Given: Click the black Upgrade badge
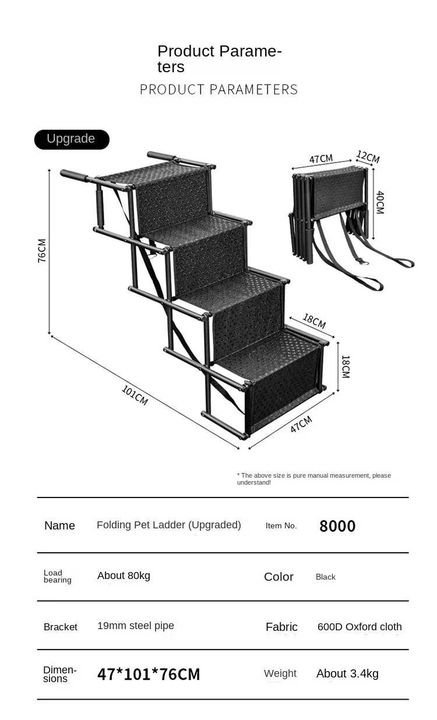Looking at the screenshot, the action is click(72, 139).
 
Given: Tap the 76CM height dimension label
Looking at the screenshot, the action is click(42, 250).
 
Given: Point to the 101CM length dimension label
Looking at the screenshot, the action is click(135, 396).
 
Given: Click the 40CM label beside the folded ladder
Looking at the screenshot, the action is click(380, 203).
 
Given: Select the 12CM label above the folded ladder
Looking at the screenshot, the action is click(368, 157).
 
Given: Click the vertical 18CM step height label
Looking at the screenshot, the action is click(346, 367).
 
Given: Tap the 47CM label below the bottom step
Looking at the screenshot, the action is click(301, 424).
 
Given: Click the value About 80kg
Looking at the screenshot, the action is click(124, 576).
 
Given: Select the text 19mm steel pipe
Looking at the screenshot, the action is click(136, 626).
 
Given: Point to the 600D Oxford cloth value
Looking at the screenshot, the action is click(360, 626).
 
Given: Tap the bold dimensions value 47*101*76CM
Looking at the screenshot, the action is click(149, 674).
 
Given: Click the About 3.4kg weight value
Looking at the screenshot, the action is click(347, 673).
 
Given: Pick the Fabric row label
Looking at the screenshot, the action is click(281, 627).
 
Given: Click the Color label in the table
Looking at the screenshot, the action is click(279, 577).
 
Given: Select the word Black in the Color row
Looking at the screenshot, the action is click(325, 577).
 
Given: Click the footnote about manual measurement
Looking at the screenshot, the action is click(314, 479).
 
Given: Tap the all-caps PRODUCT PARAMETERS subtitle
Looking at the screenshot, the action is click(218, 89).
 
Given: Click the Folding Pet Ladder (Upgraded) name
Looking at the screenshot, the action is click(169, 525).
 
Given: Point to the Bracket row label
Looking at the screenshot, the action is click(61, 627).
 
